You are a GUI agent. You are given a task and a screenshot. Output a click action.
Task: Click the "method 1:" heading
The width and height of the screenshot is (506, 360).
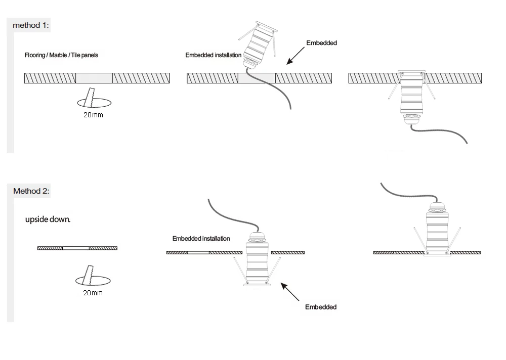pyautogui.click(x=31, y=25)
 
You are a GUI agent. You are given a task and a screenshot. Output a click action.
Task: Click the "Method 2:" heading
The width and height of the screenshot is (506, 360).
pyautogui.click(x=31, y=191)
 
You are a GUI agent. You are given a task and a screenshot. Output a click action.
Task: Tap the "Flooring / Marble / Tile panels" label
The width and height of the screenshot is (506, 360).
pyautogui.click(x=61, y=55)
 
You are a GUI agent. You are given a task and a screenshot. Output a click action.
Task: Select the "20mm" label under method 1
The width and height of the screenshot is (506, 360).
pyautogui.click(x=94, y=115)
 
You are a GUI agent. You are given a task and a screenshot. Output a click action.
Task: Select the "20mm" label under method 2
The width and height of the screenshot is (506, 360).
pyautogui.click(x=93, y=293)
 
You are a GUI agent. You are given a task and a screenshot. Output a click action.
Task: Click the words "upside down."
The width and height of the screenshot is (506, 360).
pyautogui.click(x=48, y=220)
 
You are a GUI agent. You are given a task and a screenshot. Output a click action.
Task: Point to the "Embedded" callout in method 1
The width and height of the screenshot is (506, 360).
pyautogui.click(x=321, y=43)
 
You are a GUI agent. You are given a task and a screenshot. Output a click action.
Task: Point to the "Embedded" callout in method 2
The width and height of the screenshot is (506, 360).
pyautogui.click(x=321, y=307)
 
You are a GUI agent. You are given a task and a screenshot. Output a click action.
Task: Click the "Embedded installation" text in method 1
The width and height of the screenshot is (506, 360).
pyautogui.click(x=213, y=55)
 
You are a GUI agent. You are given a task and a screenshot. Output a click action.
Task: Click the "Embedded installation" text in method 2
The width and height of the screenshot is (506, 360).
pyautogui.click(x=201, y=239)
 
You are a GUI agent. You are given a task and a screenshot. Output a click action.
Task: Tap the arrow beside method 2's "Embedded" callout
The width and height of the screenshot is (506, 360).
pyautogui.click(x=291, y=293)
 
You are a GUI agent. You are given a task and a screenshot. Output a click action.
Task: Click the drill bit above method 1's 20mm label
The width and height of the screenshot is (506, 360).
pyautogui.click(x=91, y=98)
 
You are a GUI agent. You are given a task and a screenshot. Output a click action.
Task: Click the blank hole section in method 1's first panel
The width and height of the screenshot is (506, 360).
pyautogui.click(x=94, y=78)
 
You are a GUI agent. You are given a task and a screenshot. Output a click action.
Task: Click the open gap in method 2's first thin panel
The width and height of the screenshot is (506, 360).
pyautogui.click(x=76, y=248)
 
